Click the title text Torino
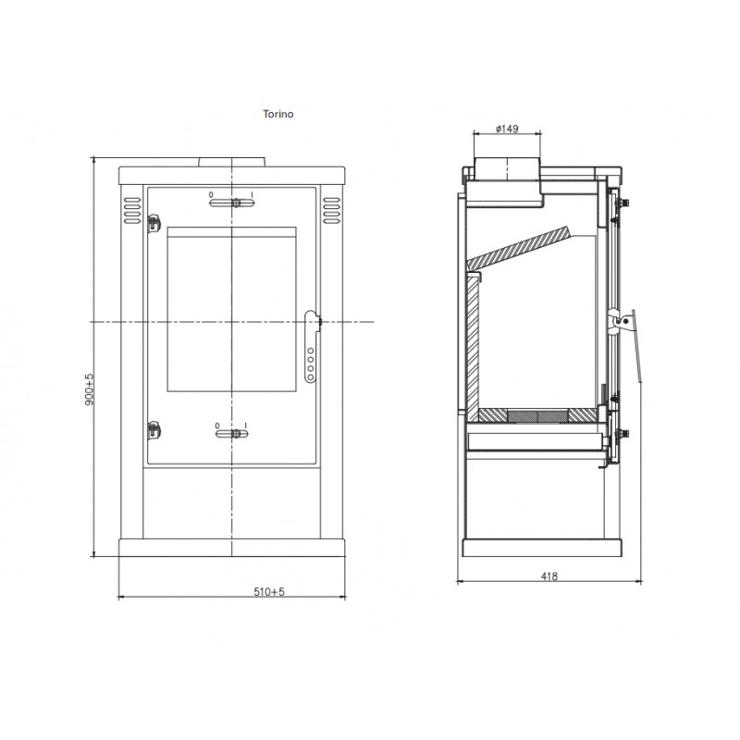(x=278, y=114)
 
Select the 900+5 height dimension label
(x=89, y=389)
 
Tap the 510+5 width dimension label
(x=269, y=591)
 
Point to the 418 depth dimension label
(x=549, y=575)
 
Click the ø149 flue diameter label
(x=507, y=129)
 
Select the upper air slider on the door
(x=232, y=203)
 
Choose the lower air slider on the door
(x=232, y=434)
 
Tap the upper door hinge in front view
(x=154, y=223)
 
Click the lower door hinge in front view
(x=154, y=429)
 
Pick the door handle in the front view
(x=312, y=347)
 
